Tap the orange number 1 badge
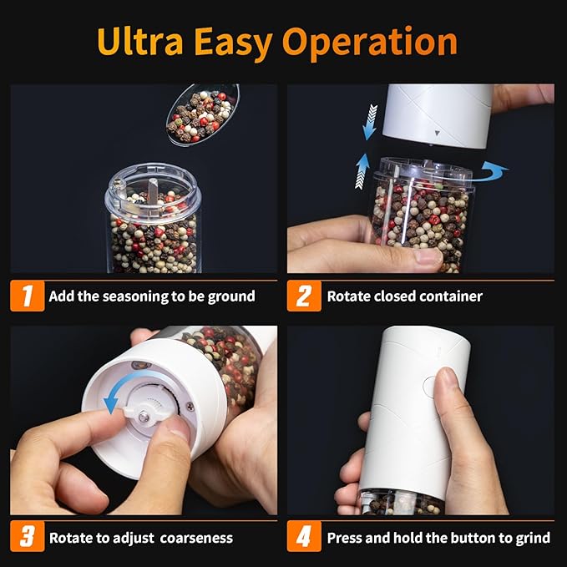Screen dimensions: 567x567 pos(27,296)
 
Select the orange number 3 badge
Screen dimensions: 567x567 pos(27,537)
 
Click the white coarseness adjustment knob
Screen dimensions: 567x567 pos(139,414)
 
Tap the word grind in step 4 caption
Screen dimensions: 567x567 pos(532,538)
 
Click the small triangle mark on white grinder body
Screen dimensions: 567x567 pos(436,132)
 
